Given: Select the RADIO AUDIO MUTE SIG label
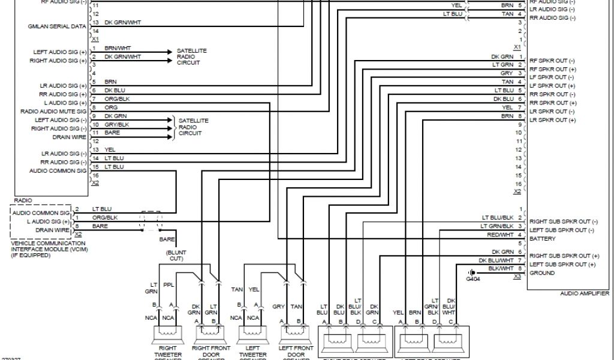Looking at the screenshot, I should click(53, 112).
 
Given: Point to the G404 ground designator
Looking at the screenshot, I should click(472, 279).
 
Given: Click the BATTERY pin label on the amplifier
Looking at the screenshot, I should click(543, 239).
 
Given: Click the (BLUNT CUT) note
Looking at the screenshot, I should click(176, 256).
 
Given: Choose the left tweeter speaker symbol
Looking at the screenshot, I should click(252, 334).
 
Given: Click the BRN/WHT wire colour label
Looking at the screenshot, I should click(119, 48).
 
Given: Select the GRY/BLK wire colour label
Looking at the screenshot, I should click(117, 124).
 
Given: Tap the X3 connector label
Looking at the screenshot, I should click(516, 278).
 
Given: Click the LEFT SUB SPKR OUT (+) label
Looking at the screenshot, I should click(562, 265).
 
